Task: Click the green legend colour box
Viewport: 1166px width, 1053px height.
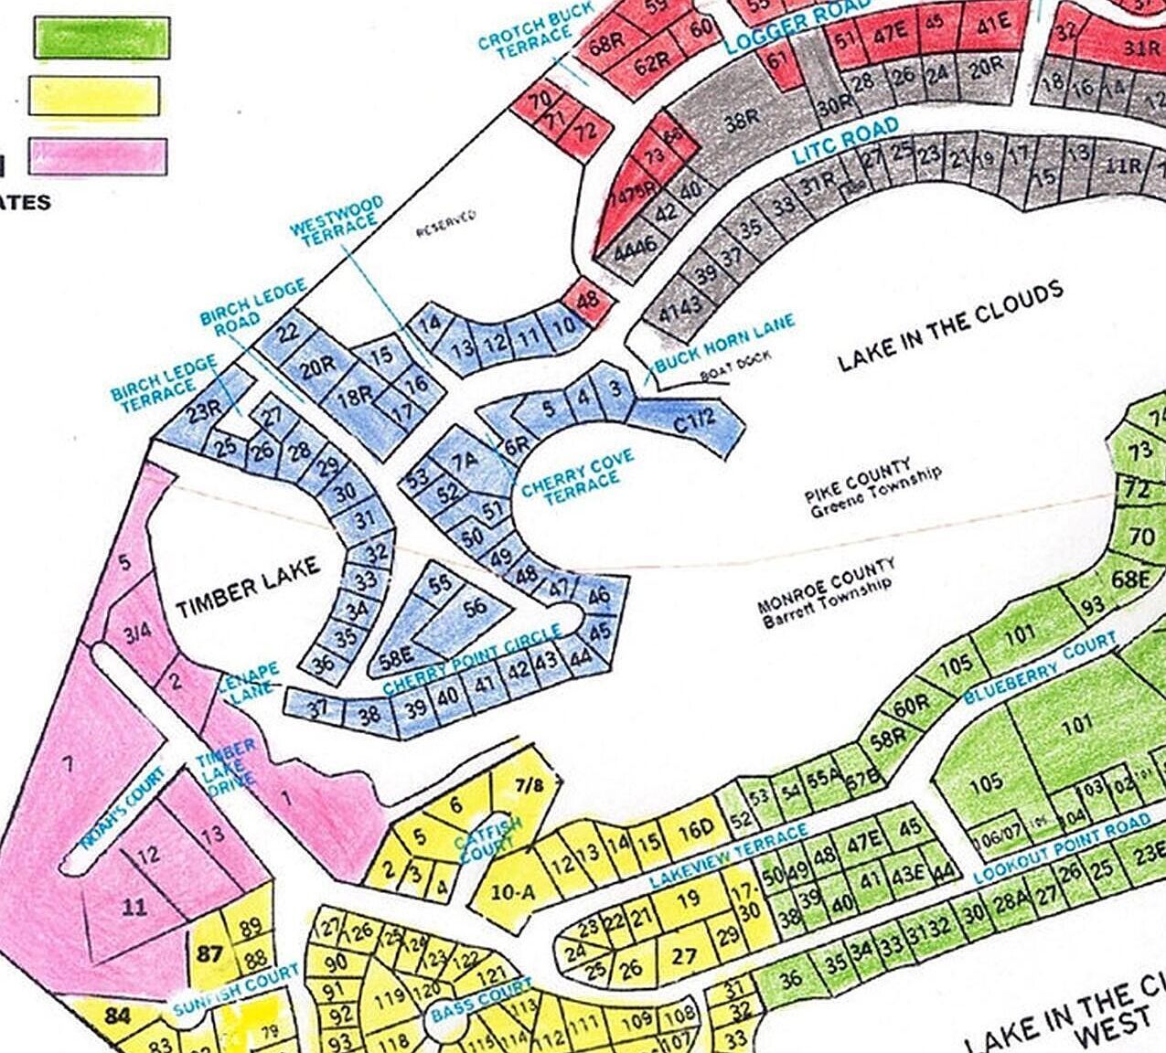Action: (x=101, y=37)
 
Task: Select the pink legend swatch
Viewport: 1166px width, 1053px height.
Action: (x=99, y=155)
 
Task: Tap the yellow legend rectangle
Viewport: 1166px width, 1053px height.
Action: (x=94, y=96)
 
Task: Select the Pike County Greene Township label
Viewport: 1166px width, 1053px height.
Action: (x=872, y=488)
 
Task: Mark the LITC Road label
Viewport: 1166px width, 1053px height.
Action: (x=845, y=142)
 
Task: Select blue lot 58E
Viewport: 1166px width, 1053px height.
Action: (x=397, y=655)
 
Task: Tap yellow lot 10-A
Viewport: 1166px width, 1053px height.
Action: (x=512, y=892)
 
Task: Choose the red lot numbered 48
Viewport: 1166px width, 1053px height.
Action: (x=588, y=299)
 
